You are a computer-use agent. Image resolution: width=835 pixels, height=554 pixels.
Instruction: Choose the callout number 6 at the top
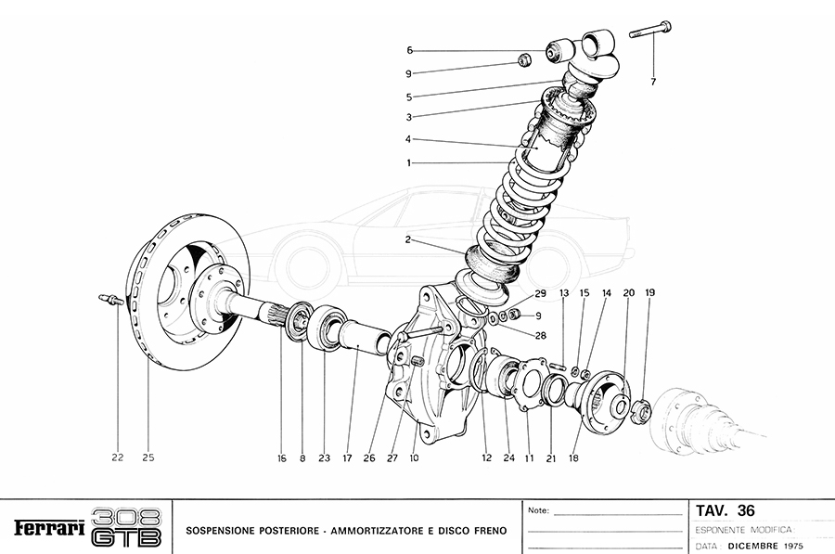point(409,50)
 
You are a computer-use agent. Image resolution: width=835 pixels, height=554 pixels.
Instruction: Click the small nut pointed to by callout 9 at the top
point(523,62)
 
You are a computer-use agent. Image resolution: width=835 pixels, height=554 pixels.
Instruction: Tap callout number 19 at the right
point(649,292)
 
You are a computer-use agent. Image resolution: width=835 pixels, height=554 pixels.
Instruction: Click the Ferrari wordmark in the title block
point(49,528)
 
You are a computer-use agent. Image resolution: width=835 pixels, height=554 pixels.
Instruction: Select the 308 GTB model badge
point(127,527)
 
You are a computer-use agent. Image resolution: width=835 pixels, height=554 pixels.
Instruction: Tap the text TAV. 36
point(725,510)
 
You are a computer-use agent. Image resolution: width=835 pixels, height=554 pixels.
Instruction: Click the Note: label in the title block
point(538,510)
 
